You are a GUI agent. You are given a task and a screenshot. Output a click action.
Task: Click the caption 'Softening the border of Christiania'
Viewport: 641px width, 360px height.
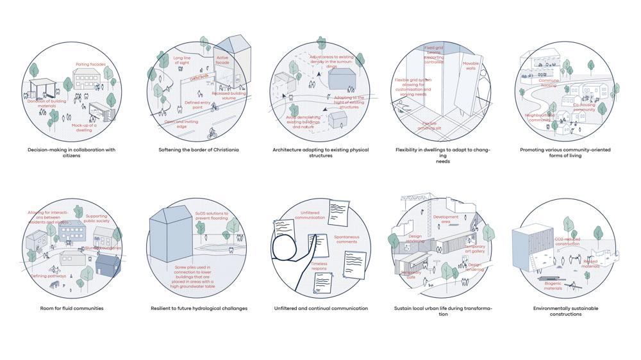click(199, 150)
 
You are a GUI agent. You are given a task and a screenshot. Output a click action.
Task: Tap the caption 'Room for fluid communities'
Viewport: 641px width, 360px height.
click(71, 308)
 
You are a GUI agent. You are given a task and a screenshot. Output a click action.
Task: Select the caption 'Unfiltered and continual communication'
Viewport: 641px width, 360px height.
click(321, 308)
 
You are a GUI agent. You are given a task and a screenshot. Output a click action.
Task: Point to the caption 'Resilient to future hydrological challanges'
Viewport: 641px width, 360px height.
click(199, 308)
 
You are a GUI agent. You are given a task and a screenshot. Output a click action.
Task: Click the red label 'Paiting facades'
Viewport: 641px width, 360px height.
click(90, 64)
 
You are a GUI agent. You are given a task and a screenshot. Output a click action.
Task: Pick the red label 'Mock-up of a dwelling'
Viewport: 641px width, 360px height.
click(84, 127)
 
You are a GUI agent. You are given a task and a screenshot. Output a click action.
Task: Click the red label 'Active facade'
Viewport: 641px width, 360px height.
click(222, 60)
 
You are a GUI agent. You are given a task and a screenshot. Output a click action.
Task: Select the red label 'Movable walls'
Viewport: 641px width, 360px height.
click(471, 65)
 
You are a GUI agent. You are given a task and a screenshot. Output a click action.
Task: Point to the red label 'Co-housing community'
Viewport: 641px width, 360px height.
click(584, 107)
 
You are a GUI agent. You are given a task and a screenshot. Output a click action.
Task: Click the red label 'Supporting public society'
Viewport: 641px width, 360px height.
click(97, 218)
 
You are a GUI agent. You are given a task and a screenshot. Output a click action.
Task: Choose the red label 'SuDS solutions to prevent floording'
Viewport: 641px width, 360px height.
click(212, 215)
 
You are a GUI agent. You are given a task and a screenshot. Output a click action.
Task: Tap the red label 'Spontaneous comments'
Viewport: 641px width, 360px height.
click(347, 239)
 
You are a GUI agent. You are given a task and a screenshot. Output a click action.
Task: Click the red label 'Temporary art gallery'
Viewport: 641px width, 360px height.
click(474, 249)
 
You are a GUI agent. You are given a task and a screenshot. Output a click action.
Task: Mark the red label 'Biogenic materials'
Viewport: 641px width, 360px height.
click(553, 286)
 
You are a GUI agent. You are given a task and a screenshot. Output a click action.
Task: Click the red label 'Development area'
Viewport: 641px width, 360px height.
click(445, 219)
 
